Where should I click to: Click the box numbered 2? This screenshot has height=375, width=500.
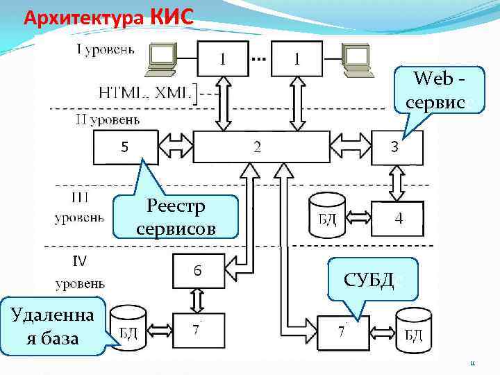(x=260, y=147)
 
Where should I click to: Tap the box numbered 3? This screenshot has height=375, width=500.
(x=394, y=147)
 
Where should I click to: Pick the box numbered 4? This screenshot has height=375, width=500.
(x=398, y=218)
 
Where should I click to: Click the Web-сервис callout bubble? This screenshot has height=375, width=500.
(x=435, y=90)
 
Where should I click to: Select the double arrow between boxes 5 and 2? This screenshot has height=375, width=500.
(x=176, y=147)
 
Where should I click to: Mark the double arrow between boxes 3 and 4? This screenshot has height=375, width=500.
(x=397, y=183)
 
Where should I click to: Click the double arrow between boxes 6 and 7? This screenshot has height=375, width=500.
(x=198, y=300)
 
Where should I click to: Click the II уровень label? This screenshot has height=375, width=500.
(x=107, y=119)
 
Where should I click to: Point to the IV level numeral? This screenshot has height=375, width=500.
(x=79, y=261)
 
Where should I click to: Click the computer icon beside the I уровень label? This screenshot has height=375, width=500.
(x=160, y=58)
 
